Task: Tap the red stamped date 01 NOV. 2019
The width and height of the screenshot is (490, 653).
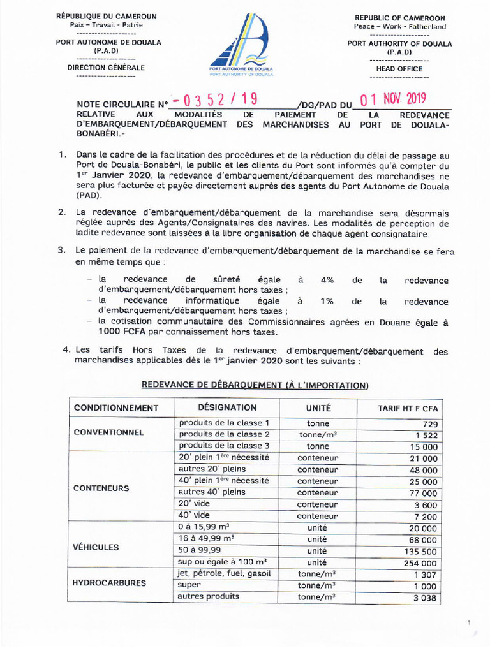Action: coord(392,99)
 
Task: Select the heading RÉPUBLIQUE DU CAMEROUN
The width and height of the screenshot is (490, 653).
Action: coord(106,16)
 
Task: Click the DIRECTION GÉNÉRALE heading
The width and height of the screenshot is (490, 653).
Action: coord(106,67)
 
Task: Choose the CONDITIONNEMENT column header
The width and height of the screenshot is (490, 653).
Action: coord(115,407)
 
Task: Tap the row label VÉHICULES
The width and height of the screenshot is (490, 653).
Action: coord(96,547)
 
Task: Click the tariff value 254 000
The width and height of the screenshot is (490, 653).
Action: coord(419,563)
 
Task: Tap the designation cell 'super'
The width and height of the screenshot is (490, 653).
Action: coord(190,584)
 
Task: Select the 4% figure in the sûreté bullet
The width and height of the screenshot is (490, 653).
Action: coord(327,280)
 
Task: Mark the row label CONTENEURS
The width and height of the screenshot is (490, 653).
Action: coord(101,488)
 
